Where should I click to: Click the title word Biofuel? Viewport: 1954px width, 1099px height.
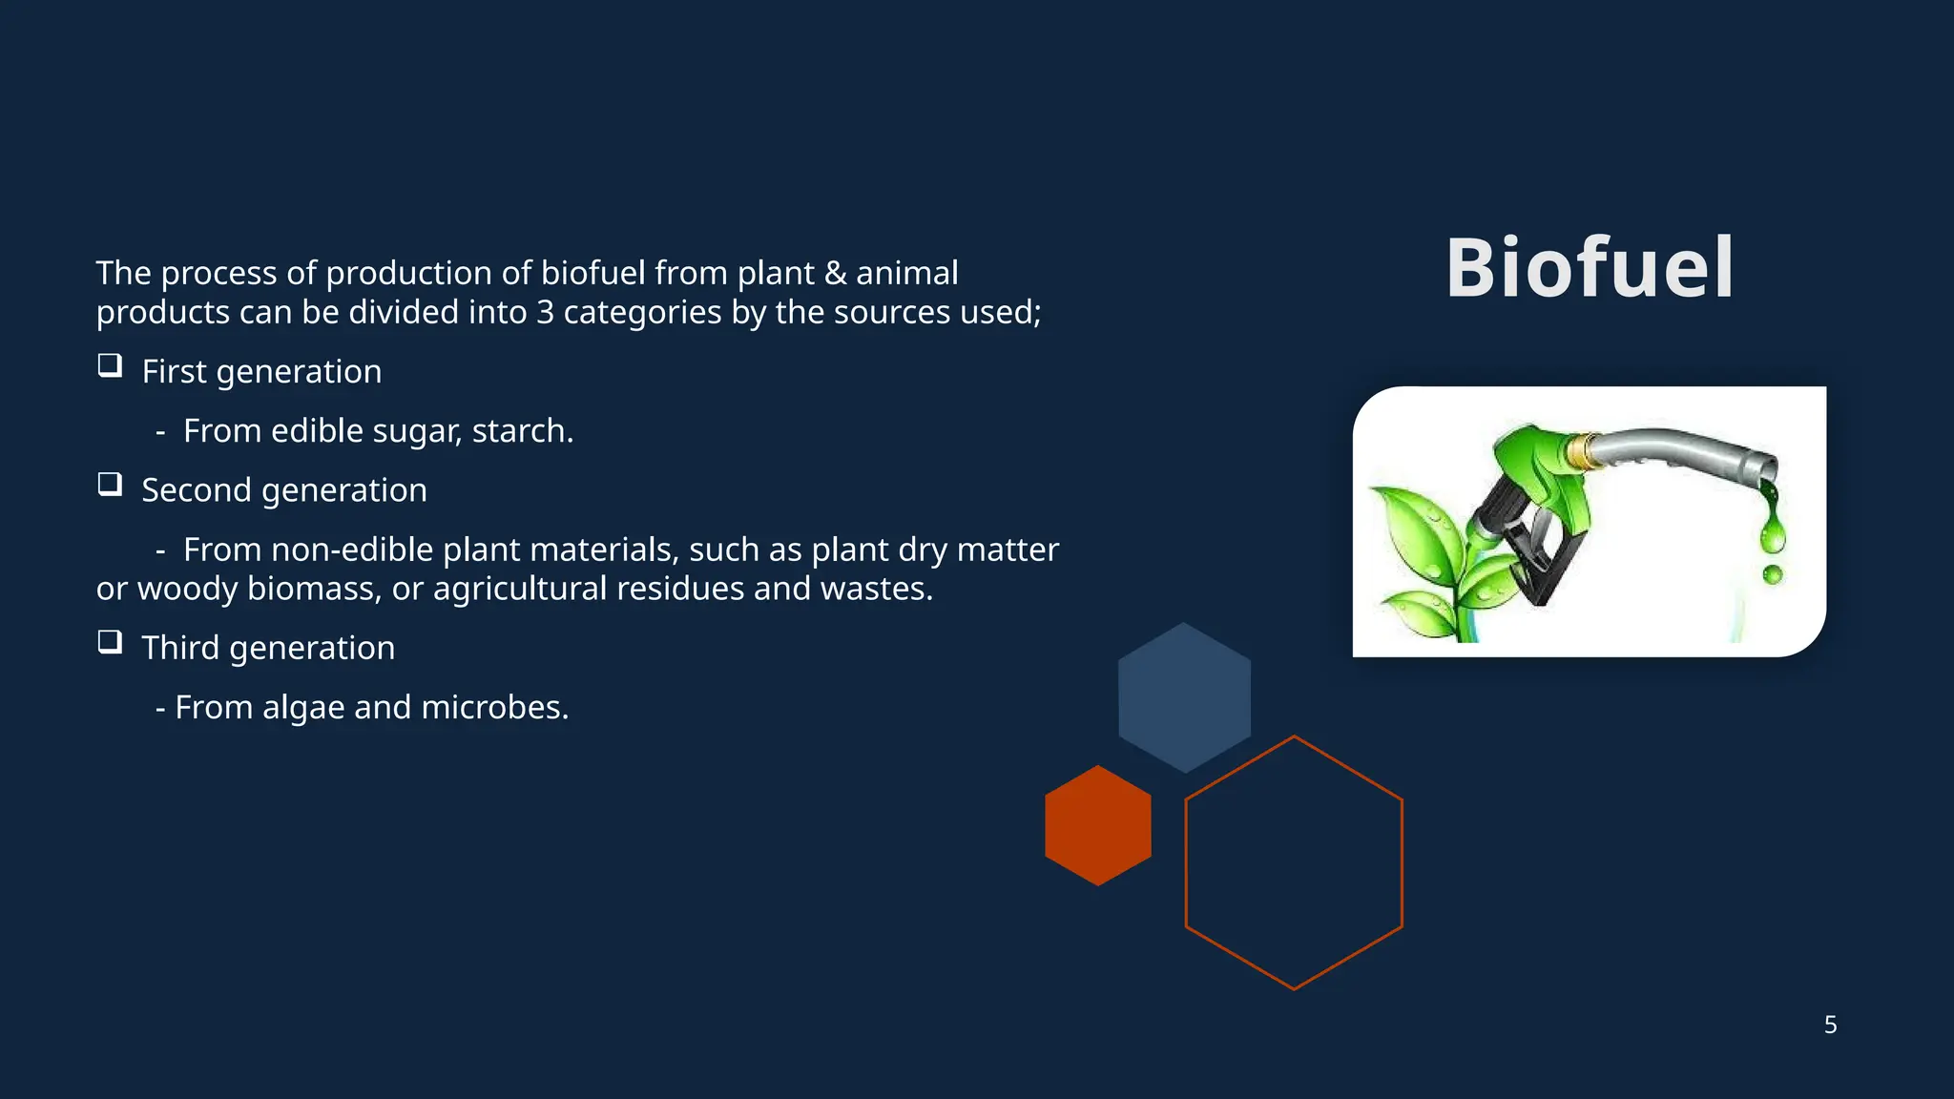point(1589,269)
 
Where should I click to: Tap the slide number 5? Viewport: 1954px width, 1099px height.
point(1830,1025)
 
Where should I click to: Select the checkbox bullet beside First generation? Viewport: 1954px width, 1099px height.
point(110,366)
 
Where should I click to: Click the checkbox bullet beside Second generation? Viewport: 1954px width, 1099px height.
point(110,485)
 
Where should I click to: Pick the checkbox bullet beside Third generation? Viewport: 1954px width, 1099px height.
point(110,642)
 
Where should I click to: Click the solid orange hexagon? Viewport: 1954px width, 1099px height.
point(1097,825)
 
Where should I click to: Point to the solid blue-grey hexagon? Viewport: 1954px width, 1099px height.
point(1184,697)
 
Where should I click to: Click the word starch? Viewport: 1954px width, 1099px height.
point(521,431)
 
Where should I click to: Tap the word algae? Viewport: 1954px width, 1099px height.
point(303,708)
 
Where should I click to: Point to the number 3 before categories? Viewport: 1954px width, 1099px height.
point(544,313)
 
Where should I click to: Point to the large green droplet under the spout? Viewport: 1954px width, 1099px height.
point(1773,535)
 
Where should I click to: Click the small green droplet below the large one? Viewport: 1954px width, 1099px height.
point(1773,574)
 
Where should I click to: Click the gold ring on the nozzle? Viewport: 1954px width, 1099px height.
point(1583,450)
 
